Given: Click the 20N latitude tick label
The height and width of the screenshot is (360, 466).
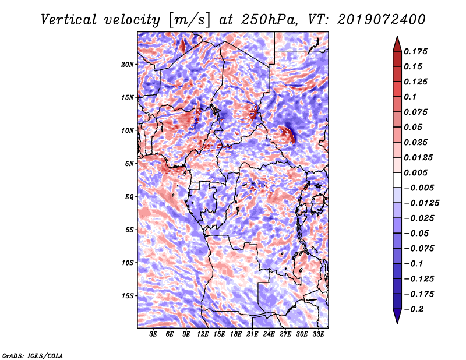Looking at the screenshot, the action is click(x=128, y=64).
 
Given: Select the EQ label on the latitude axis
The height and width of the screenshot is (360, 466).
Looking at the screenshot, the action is click(x=129, y=197).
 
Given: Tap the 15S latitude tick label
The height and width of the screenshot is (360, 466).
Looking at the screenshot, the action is click(x=128, y=296).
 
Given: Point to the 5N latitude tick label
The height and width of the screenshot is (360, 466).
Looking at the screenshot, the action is click(x=129, y=164).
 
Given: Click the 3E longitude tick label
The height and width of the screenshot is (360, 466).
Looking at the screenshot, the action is click(x=153, y=334).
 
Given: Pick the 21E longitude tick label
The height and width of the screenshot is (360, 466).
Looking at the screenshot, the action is click(x=252, y=334).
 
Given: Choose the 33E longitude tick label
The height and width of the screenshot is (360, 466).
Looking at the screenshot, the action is click(x=318, y=334).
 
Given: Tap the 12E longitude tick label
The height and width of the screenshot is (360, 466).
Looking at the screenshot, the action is click(x=203, y=334).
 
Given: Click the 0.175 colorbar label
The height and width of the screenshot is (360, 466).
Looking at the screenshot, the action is click(x=415, y=51).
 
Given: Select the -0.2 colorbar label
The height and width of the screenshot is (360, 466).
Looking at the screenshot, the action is click(x=414, y=309).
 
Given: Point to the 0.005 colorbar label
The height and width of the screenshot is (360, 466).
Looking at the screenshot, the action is click(x=415, y=172).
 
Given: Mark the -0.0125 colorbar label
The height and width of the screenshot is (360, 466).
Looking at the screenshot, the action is click(x=421, y=203).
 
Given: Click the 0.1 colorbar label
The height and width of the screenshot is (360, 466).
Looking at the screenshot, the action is click(x=410, y=97).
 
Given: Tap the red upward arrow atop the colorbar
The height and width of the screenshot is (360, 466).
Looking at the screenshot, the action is click(x=397, y=44).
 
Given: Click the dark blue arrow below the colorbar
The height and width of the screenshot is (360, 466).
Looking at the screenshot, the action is click(x=397, y=316).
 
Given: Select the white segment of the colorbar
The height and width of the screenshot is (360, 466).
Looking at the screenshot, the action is click(x=397, y=180).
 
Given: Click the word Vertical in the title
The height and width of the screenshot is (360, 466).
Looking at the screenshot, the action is click(x=69, y=20).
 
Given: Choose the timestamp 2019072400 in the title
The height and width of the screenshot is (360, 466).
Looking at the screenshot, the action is click(x=382, y=20).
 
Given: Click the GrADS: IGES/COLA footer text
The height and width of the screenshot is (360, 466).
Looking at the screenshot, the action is click(x=33, y=355).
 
